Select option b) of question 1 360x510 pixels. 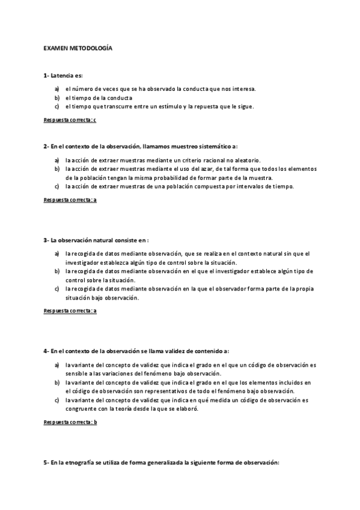click(x=56, y=97)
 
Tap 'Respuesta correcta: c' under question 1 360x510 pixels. click(x=70, y=120)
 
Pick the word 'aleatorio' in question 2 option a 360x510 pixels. click(x=246, y=161)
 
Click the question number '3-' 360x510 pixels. click(x=46, y=240)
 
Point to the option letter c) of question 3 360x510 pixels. click(x=56, y=289)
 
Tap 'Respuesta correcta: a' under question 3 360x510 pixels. click(x=70, y=311)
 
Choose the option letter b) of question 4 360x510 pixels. click(x=56, y=382)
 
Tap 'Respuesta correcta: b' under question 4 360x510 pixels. click(x=70, y=422)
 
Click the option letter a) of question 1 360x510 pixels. click(x=56, y=89)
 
